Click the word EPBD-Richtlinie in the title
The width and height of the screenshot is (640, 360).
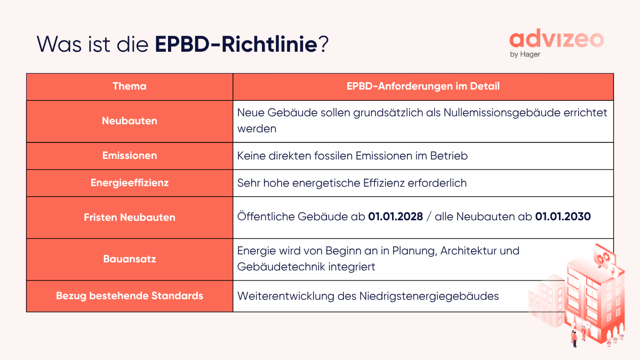(x=236, y=44)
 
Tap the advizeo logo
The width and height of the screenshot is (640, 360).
(x=556, y=39)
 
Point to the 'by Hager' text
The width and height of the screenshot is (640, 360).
(x=525, y=54)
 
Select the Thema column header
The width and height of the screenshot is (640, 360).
(x=130, y=86)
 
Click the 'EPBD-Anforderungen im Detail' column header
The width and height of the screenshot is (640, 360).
(x=423, y=86)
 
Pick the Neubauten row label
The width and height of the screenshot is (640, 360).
(x=130, y=121)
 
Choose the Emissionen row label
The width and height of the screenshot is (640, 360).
(x=130, y=156)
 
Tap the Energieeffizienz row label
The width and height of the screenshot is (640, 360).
(x=130, y=183)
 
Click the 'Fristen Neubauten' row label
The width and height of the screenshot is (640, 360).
(x=130, y=217)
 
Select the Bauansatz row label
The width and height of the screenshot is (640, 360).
(x=130, y=259)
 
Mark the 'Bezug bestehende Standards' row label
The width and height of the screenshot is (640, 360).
(x=130, y=295)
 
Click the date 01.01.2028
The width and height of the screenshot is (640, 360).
(x=395, y=217)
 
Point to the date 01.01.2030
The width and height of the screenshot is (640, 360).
(x=563, y=217)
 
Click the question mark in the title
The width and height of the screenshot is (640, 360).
(x=323, y=44)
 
